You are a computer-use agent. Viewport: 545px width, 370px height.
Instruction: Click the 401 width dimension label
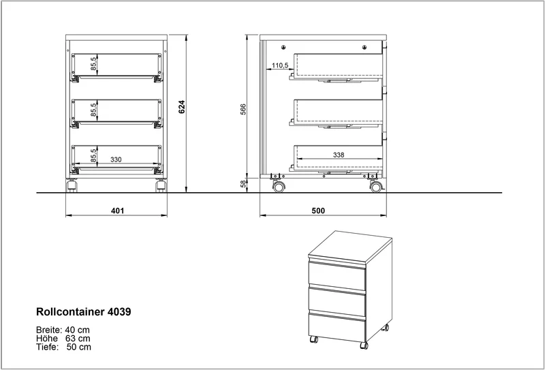(117, 211)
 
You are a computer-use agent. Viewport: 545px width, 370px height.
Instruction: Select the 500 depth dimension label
(318, 211)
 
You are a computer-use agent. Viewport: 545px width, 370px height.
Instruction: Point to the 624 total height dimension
(182, 107)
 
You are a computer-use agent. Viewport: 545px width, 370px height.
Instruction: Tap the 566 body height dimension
(243, 109)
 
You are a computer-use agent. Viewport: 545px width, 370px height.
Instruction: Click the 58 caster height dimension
(243, 183)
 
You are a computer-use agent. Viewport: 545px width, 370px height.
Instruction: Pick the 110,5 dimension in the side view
(280, 65)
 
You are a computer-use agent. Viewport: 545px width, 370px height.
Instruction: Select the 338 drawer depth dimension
(339, 155)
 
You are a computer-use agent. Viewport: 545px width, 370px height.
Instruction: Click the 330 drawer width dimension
(116, 159)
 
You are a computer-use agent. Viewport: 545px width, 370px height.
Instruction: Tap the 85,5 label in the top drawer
(94, 64)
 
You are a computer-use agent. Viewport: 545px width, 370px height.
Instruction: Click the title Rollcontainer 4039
(84, 312)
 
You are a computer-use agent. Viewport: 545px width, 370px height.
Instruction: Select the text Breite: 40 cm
(63, 330)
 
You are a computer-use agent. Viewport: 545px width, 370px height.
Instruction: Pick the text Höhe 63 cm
(63, 339)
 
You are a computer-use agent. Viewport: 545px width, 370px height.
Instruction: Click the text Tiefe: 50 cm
(63, 347)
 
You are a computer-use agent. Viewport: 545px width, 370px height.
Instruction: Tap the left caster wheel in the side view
(279, 187)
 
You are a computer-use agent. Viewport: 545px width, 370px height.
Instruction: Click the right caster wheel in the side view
(376, 187)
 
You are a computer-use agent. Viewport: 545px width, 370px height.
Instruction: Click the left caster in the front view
(72, 185)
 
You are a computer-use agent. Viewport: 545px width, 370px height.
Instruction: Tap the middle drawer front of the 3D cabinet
(337, 300)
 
